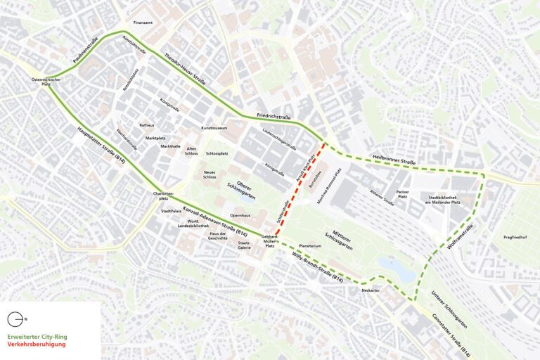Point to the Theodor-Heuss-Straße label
point(185,68)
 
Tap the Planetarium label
point(309,246)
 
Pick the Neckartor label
point(371,290)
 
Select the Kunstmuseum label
point(214,128)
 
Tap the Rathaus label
point(147,124)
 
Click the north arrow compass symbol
point(16,319)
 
